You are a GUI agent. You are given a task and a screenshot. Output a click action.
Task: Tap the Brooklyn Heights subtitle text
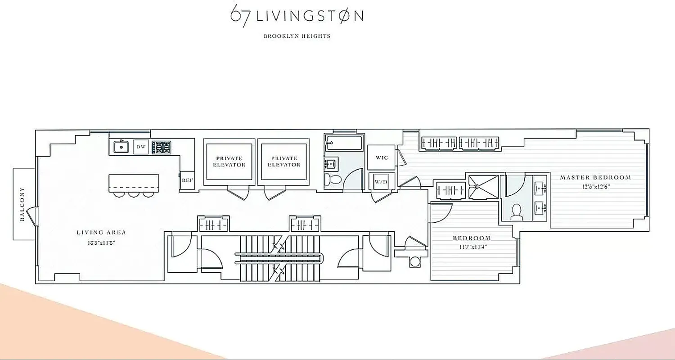(297, 36)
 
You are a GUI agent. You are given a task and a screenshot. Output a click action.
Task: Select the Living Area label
(101, 233)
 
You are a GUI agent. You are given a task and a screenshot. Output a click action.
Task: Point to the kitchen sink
(121, 147)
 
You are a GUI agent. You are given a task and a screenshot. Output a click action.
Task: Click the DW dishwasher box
(140, 147)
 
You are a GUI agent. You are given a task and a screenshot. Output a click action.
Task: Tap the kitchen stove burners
(162, 147)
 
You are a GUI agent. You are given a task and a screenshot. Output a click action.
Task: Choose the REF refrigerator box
(187, 180)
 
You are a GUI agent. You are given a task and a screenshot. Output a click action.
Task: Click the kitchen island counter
(134, 182)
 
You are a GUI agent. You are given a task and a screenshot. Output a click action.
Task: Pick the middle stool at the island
(134, 194)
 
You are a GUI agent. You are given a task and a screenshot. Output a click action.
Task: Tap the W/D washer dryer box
(381, 182)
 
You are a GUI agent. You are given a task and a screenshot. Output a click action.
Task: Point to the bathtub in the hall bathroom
(343, 143)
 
